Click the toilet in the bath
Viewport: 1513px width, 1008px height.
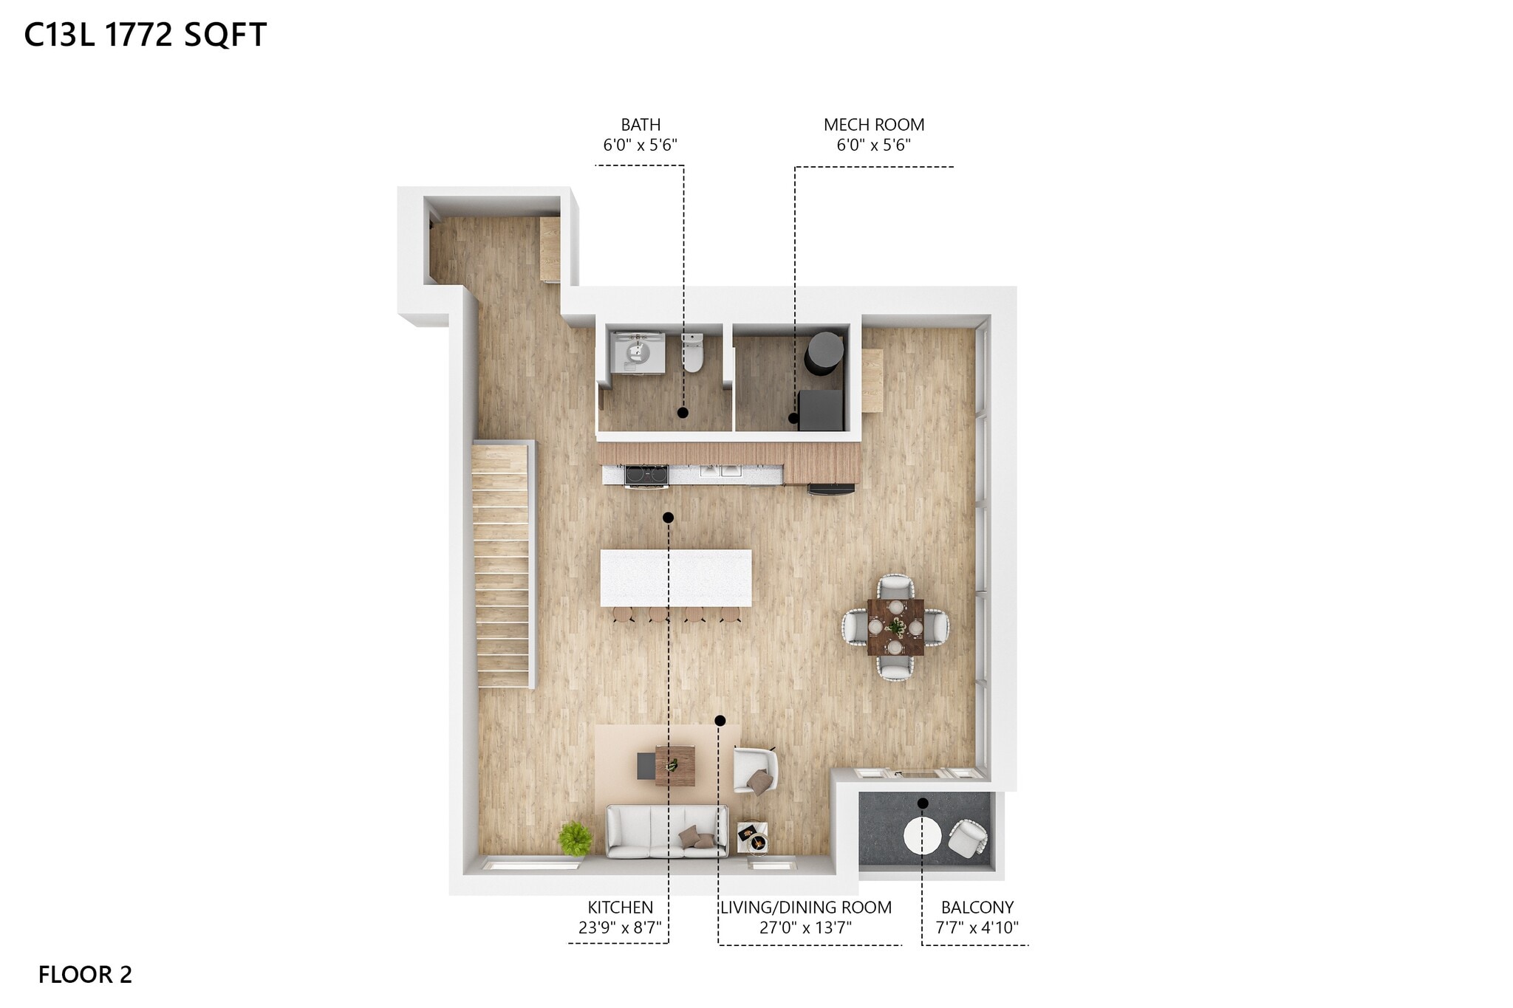(692, 354)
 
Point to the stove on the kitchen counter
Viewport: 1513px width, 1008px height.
(646, 474)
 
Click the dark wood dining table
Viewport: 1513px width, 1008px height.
(895, 627)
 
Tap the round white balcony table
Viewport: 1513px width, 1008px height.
(922, 836)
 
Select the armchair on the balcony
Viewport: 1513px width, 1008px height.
(968, 839)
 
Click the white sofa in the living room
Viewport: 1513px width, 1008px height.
(666, 832)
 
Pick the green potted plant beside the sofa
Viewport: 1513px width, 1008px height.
(575, 838)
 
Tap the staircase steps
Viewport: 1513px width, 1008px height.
(502, 565)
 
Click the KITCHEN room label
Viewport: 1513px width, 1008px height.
(620, 908)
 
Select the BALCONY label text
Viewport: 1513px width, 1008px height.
(977, 908)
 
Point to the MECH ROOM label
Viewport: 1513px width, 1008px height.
(873, 125)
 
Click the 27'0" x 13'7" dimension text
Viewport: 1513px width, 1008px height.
(805, 928)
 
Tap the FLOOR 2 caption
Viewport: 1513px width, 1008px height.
(85, 975)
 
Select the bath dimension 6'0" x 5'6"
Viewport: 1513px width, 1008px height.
(640, 145)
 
